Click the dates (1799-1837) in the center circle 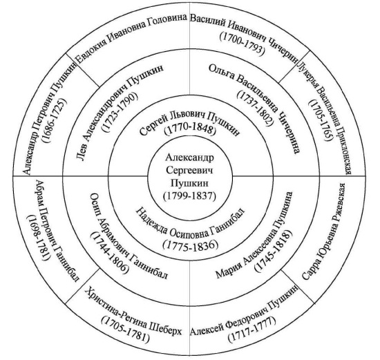point(189,196)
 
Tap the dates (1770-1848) point(190,130)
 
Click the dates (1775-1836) point(190,245)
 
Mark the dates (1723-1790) point(120,112)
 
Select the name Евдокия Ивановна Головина point(131,37)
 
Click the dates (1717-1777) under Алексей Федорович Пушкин point(252,328)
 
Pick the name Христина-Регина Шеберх point(133,313)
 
